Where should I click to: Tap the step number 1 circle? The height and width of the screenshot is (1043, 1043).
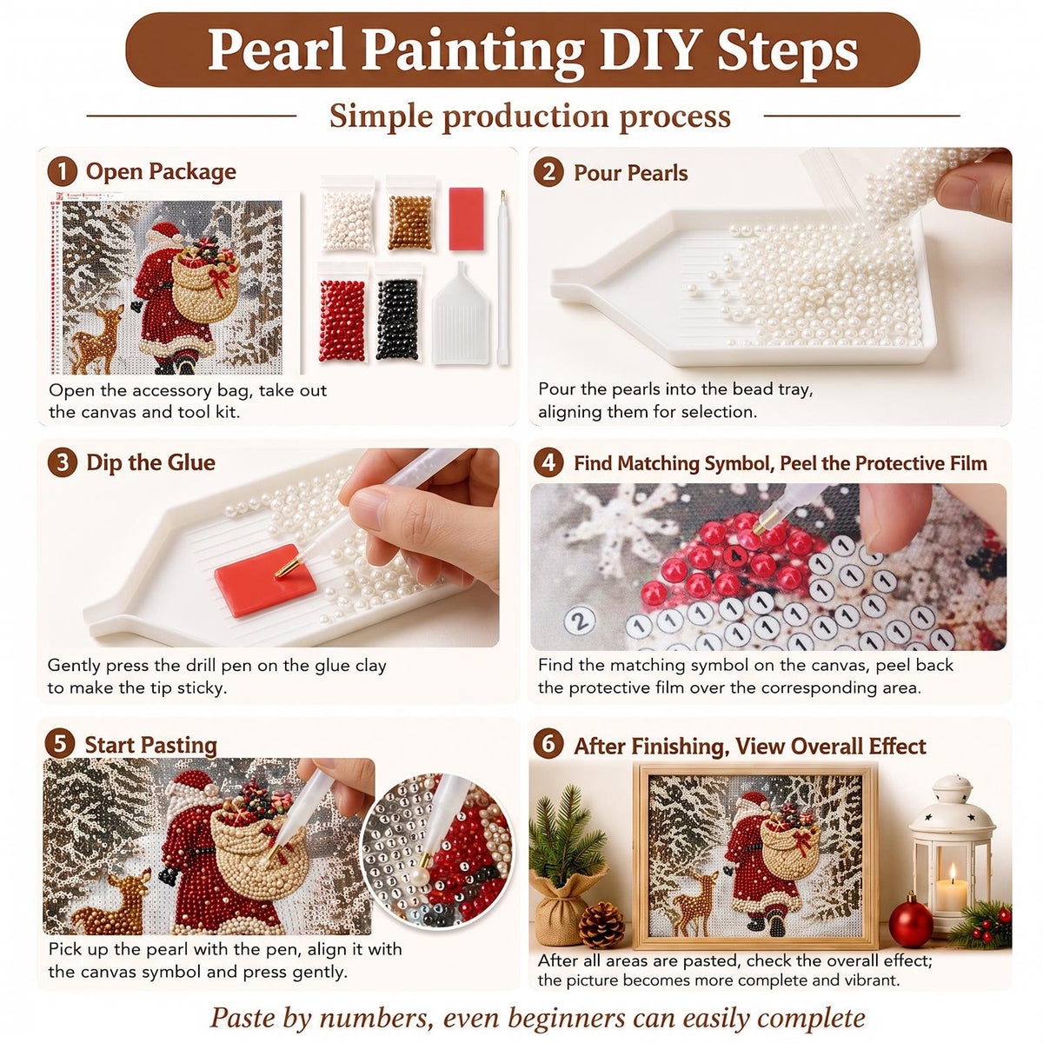coord(62,171)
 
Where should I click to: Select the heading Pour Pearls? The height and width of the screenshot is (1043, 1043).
coord(630,173)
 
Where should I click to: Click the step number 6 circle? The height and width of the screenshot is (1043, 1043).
coord(548,744)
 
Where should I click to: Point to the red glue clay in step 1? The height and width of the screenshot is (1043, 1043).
coord(466,218)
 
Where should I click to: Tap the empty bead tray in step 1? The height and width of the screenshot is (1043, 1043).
coord(462,315)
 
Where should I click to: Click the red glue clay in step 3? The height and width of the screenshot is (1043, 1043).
coord(265,580)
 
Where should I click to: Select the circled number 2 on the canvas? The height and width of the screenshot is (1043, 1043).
coord(580,621)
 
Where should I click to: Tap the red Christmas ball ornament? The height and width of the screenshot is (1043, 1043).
coord(911,922)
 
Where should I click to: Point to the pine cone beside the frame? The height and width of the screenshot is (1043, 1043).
coord(601,925)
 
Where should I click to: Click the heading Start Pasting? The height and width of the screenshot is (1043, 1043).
coord(151,745)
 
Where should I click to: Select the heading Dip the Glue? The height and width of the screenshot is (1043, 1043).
coord(151,462)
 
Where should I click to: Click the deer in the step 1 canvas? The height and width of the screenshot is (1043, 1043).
coord(98,341)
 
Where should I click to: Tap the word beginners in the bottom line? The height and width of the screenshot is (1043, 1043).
coord(566,1003)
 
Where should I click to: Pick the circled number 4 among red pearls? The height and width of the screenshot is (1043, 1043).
coord(734,555)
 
